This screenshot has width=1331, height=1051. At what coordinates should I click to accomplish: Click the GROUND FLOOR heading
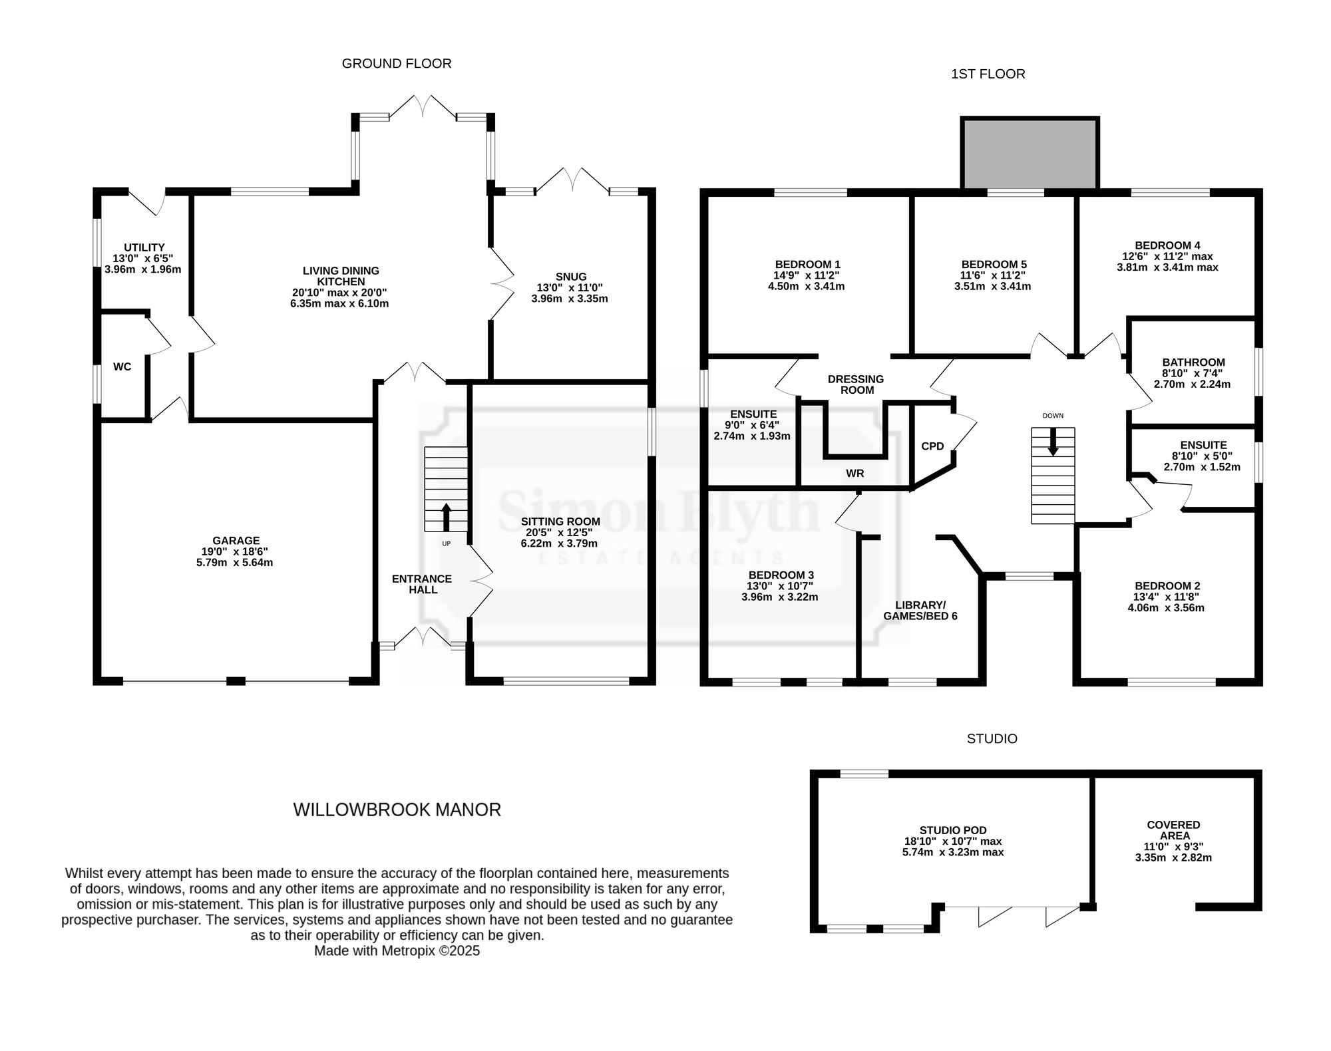(397, 63)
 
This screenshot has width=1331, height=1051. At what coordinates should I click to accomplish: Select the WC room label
(122, 367)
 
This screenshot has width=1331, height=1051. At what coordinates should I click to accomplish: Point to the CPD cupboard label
(932, 446)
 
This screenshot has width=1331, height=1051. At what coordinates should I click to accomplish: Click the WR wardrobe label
(855, 474)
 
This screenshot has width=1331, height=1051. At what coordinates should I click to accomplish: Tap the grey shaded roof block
(1030, 154)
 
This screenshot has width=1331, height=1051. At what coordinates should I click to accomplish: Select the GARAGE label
(236, 541)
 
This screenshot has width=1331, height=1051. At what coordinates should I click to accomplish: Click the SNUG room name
(571, 277)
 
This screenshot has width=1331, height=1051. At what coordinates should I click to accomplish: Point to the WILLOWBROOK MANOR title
(397, 810)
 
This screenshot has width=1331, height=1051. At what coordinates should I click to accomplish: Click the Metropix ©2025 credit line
(397, 951)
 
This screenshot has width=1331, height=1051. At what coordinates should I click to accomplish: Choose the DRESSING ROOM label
(856, 384)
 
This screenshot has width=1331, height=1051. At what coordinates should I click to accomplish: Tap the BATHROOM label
(1194, 363)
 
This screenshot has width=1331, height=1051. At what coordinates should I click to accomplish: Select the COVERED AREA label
(1174, 830)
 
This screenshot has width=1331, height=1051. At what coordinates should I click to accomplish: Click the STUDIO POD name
(953, 830)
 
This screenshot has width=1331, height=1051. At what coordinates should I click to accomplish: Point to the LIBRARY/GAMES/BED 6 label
(920, 611)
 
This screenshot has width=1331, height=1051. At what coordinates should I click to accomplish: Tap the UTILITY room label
(144, 247)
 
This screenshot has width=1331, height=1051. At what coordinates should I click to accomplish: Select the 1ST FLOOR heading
(988, 74)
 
